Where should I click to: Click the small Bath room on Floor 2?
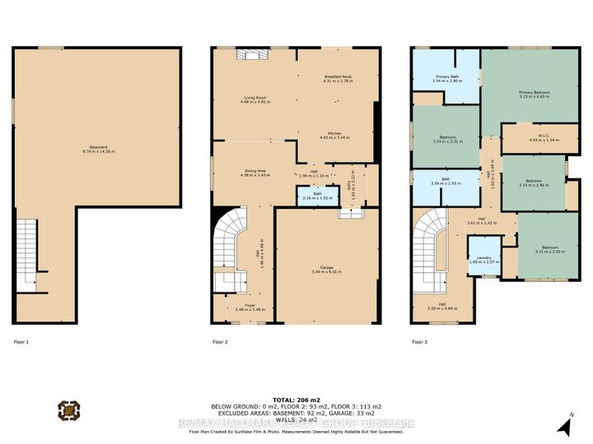click(312, 196)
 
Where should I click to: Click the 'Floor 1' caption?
click(21, 341)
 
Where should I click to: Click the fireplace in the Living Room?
click(250, 54)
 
